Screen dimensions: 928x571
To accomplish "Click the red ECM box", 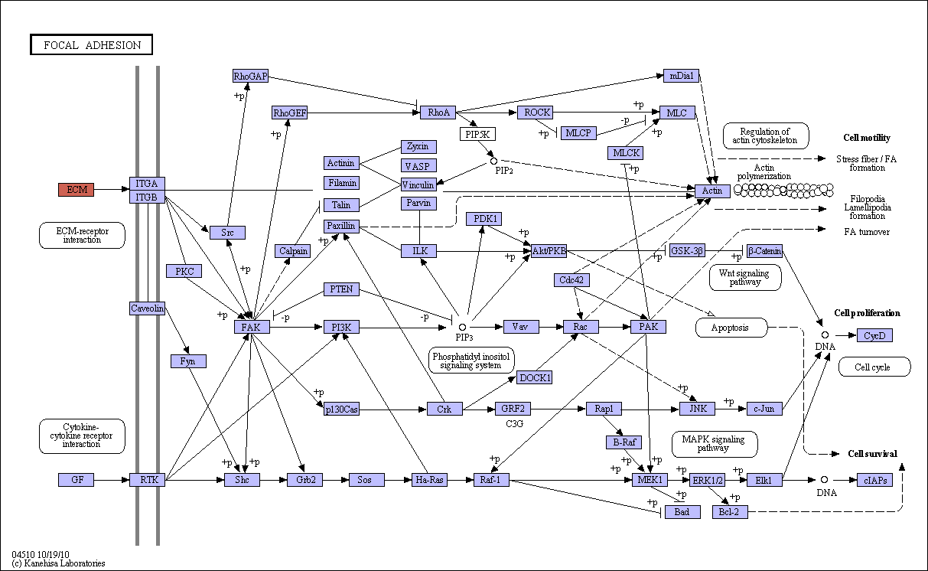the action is tap(77, 190).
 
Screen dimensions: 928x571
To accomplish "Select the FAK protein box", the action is tap(252, 327).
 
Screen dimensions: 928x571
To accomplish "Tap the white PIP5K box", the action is tap(477, 134).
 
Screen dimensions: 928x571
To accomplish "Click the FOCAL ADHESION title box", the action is tap(92, 44).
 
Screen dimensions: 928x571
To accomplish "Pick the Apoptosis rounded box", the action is tap(731, 328).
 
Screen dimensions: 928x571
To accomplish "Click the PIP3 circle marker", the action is tap(462, 328).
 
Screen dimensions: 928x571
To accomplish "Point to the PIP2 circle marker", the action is tap(493, 161).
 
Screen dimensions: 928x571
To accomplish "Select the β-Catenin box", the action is tap(765, 251).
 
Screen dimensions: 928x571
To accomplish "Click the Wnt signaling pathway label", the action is tap(744, 277).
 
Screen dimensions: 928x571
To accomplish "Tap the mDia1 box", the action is tap(681, 76).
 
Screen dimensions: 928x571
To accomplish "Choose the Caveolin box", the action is tap(147, 308).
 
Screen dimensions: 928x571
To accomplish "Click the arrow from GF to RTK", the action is tap(112, 480).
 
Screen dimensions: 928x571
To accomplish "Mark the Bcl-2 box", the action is tap(730, 512).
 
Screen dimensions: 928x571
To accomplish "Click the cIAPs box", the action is tap(874, 480).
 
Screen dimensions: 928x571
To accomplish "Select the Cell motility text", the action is tap(867, 138).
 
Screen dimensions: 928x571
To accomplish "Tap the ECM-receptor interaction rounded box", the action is tap(82, 235).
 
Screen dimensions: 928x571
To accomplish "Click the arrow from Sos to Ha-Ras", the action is tap(398, 480).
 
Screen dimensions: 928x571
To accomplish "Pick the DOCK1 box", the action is tap(535, 377).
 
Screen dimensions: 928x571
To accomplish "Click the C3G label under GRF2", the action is tap(514, 423).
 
